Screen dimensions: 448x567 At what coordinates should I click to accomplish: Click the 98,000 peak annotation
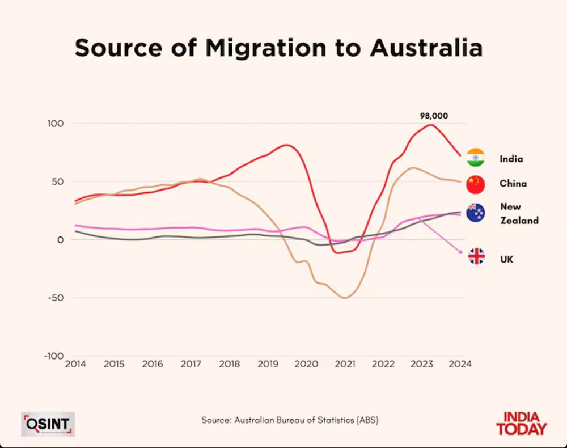pyautogui.click(x=434, y=115)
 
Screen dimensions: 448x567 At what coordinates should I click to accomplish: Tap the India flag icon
pyautogui.click(x=475, y=158)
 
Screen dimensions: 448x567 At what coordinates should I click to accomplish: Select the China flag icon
pyautogui.click(x=475, y=184)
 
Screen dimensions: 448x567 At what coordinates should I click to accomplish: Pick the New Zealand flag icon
pyautogui.click(x=475, y=213)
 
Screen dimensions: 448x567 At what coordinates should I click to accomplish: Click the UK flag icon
pyautogui.click(x=476, y=257)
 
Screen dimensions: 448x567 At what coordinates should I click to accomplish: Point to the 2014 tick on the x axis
pyautogui.click(x=75, y=363)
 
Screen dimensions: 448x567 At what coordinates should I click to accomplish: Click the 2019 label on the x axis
pyautogui.click(x=268, y=363)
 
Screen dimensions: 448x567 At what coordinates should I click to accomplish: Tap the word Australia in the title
pyautogui.click(x=426, y=48)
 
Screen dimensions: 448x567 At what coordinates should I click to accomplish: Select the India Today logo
pyautogui.click(x=522, y=423)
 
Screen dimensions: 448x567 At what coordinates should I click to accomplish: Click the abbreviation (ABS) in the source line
pyautogui.click(x=366, y=420)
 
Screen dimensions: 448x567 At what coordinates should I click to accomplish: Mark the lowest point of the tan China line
pyautogui.click(x=344, y=298)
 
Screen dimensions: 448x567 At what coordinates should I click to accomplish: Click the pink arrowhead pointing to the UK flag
pyautogui.click(x=461, y=252)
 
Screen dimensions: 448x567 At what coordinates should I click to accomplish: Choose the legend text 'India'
pyautogui.click(x=511, y=159)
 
